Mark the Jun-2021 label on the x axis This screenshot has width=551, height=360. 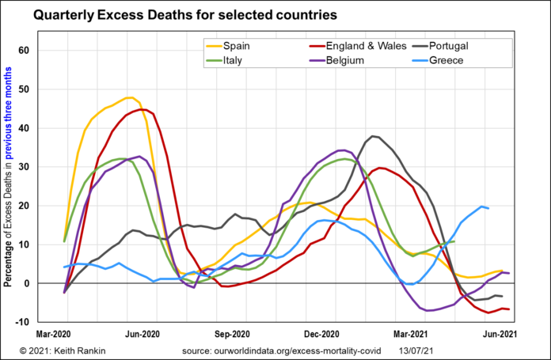[x=501, y=334]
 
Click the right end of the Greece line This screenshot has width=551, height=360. [x=488, y=208]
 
